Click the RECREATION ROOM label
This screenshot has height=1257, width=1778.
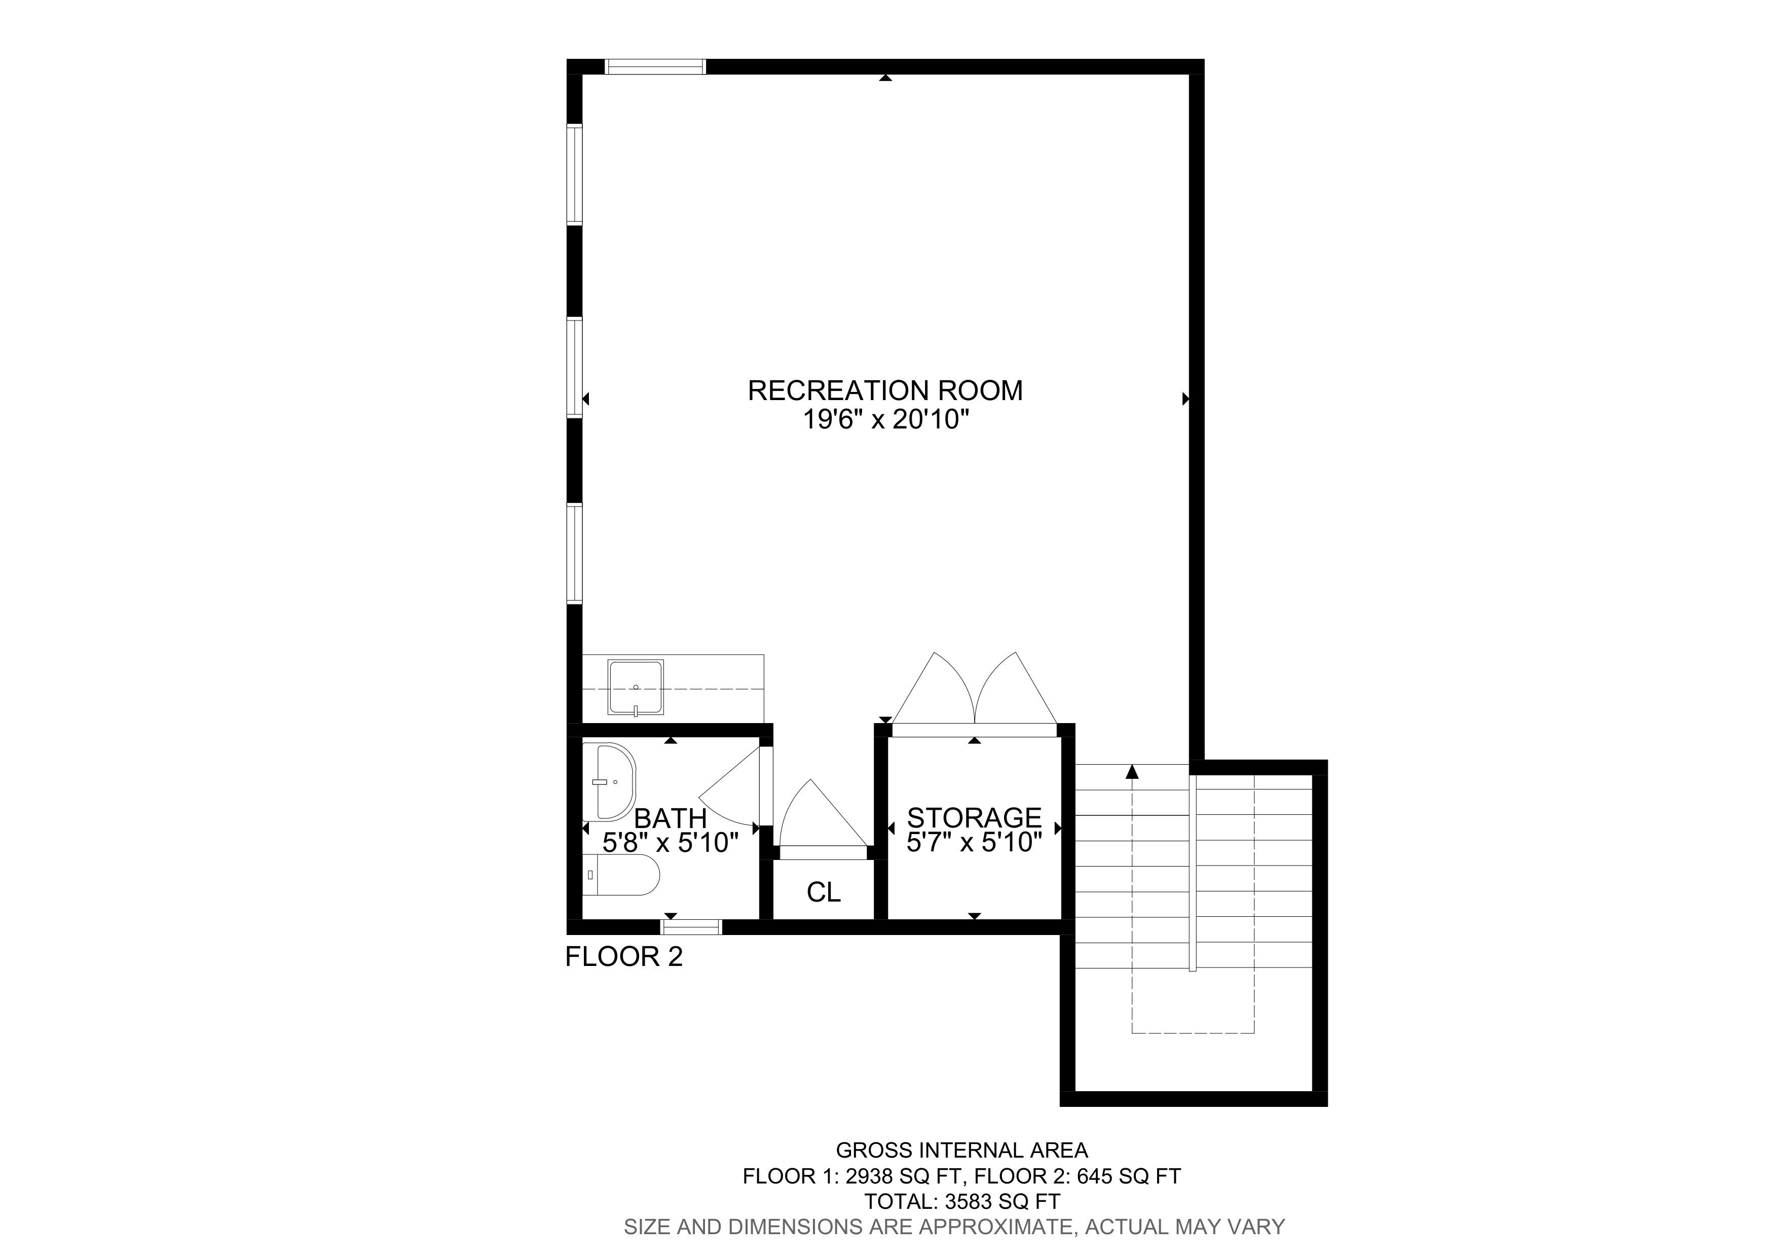pyautogui.click(x=885, y=390)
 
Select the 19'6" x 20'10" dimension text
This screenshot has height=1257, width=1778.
pyautogui.click(x=886, y=420)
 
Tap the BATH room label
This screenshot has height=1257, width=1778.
pyautogui.click(x=671, y=818)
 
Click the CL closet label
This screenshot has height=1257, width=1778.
pyautogui.click(x=823, y=892)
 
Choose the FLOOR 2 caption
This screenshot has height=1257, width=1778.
pyautogui.click(x=624, y=957)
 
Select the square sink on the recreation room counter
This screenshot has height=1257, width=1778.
pyautogui.click(x=636, y=688)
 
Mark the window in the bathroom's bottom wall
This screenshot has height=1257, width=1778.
pyautogui.click(x=691, y=926)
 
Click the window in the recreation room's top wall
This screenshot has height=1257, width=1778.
pyautogui.click(x=655, y=66)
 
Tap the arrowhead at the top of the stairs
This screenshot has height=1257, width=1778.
pyautogui.click(x=1133, y=771)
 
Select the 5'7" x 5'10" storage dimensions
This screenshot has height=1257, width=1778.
pyautogui.click(x=974, y=843)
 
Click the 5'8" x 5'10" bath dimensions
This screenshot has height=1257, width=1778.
pyautogui.click(x=671, y=843)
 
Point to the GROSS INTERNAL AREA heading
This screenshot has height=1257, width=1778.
pyautogui.click(x=962, y=1151)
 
